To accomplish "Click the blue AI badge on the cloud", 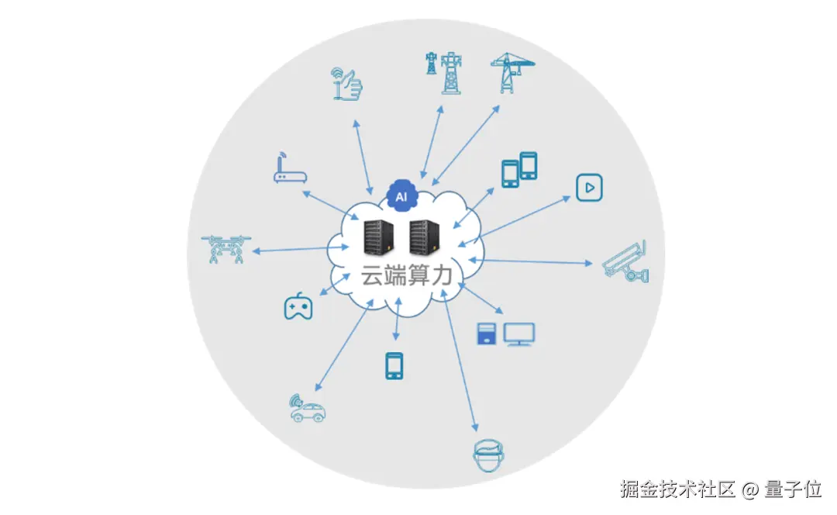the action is point(401,197).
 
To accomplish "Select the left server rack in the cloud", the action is point(378,237).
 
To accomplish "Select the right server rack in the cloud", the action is point(424,237).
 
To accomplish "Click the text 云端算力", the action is point(406,276).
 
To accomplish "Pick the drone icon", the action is point(226,250).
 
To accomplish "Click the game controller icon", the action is point(298,307).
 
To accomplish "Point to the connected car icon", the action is point(306,409).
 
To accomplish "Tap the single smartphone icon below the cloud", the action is point(394,365).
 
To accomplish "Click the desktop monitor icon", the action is point(518,334).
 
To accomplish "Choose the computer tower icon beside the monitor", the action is point(486,334).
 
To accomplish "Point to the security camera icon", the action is point(626,262).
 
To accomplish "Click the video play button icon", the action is point(589,187).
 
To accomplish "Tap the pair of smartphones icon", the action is point(518,170).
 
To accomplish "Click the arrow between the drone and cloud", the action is point(291,250).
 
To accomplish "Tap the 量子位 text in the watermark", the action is point(793,489).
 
